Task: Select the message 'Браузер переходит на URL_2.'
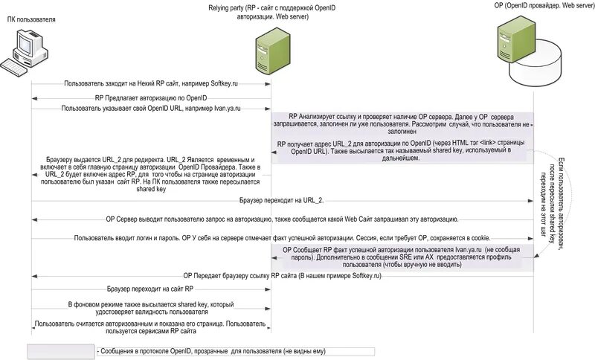point(283,201)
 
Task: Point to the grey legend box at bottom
point(59,350)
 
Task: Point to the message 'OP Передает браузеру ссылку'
point(283,275)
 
